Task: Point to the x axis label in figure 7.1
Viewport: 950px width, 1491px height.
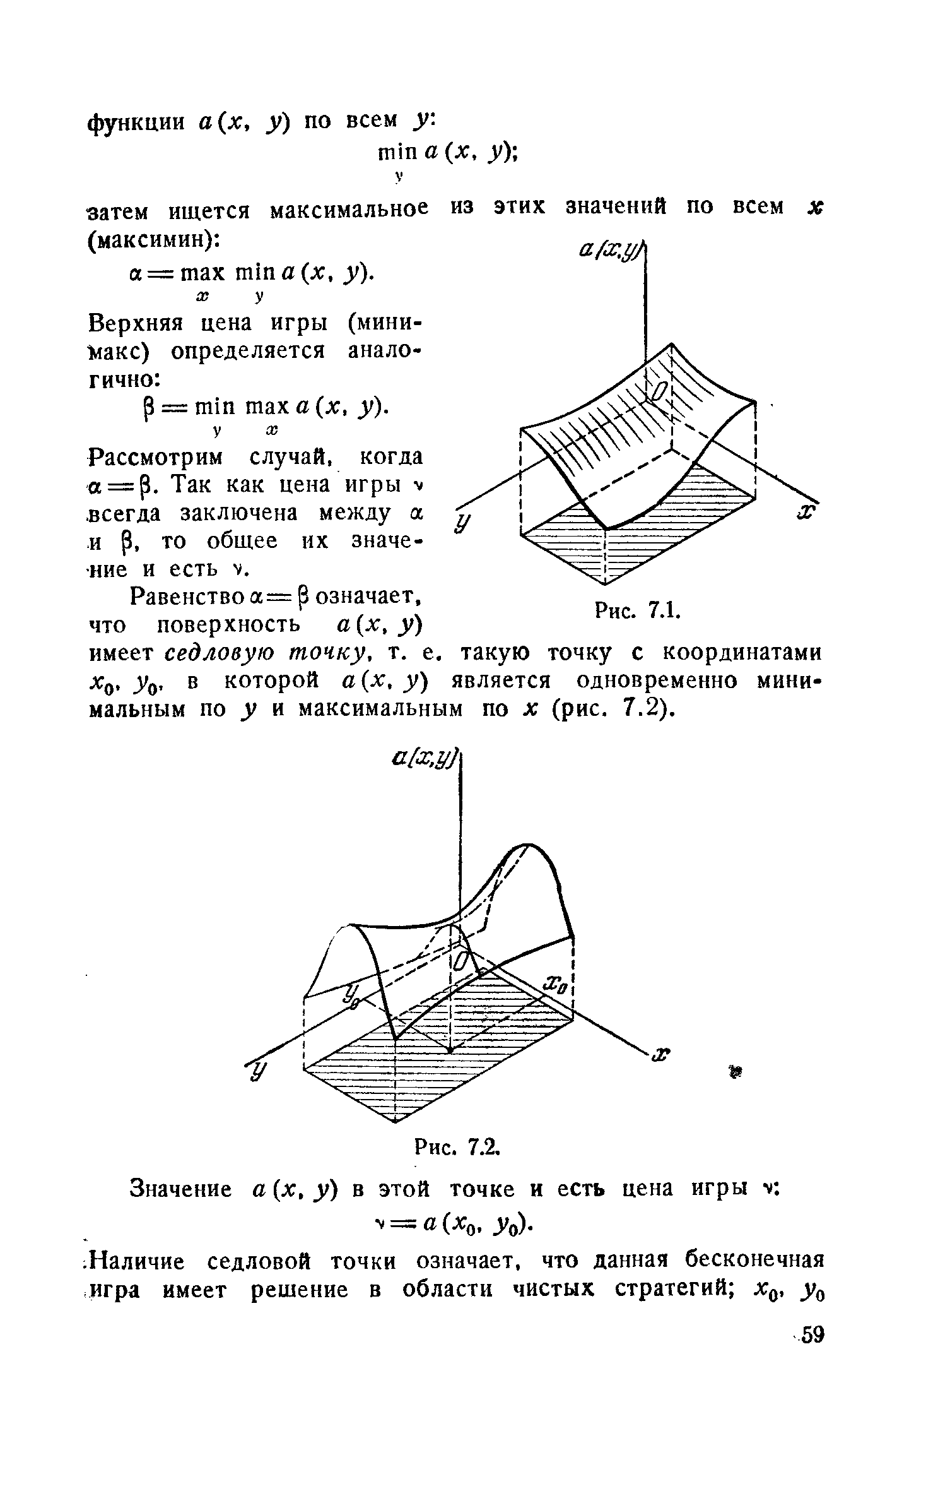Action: [x=806, y=510]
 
